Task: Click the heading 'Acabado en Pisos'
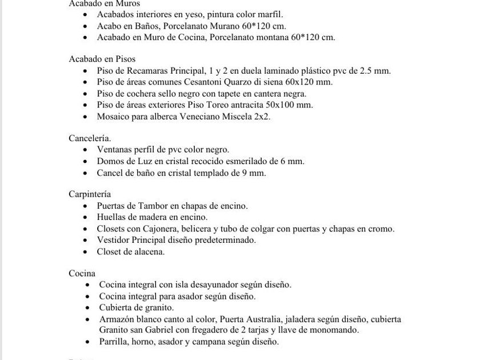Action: (x=102, y=59)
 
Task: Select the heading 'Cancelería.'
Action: (x=90, y=138)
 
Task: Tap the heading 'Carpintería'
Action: (x=90, y=194)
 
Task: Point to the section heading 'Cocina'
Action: (x=82, y=273)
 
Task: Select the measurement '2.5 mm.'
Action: (x=375, y=70)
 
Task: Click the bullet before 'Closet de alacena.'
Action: (x=86, y=251)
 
